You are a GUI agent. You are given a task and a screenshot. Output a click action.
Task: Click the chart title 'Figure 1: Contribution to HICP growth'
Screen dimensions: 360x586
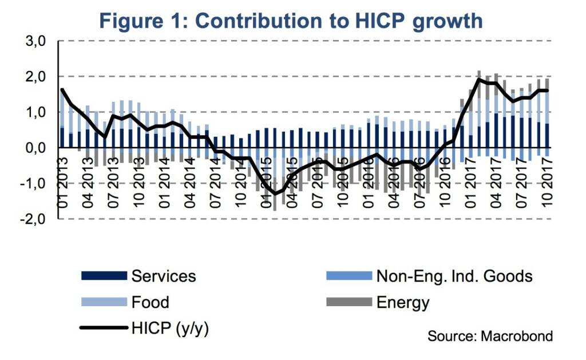point(292,21)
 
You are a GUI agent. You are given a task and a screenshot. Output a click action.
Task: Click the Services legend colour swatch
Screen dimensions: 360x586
point(104,276)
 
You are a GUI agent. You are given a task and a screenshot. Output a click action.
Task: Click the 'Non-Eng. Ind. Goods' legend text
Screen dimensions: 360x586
point(454,276)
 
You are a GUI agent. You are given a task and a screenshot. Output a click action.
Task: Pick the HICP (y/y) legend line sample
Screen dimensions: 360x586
point(104,327)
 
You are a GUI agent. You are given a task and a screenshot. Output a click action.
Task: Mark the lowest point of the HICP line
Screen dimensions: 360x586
point(276,193)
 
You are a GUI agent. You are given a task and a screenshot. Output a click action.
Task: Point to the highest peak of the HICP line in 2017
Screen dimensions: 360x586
point(478,80)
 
